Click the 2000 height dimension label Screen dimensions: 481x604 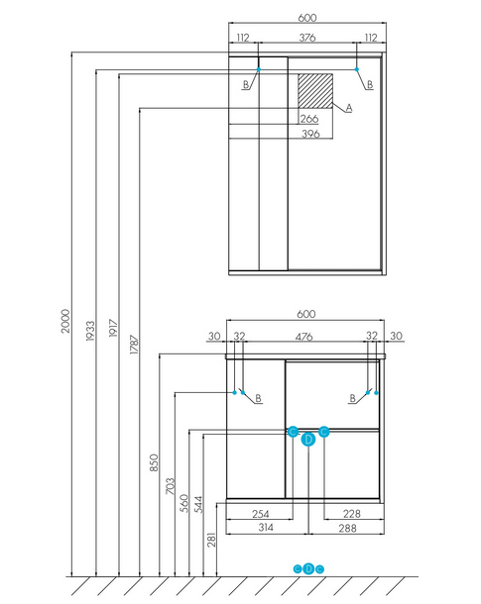pyautogui.click(x=65, y=321)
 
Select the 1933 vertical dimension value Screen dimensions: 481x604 pyautogui.click(x=90, y=331)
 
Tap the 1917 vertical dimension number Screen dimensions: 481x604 pyautogui.click(x=113, y=328)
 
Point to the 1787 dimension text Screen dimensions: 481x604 pyautogui.click(x=134, y=345)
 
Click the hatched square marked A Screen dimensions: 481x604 pyautogui.click(x=315, y=91)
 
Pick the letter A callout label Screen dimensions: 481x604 pyautogui.click(x=349, y=108)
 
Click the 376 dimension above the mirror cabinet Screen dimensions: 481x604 pyautogui.click(x=307, y=38)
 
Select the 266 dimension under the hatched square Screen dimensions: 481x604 pyautogui.click(x=309, y=119)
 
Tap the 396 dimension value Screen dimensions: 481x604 pyautogui.click(x=310, y=134)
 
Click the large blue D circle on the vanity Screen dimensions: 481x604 pyautogui.click(x=308, y=439)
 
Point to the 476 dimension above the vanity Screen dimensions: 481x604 pyautogui.click(x=303, y=337)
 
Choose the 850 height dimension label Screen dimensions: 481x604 pyautogui.click(x=154, y=462)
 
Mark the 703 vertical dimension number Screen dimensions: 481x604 pyautogui.click(x=170, y=486)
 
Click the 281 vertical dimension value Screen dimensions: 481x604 pyautogui.click(x=211, y=540)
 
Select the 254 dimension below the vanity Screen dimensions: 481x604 pyautogui.click(x=261, y=514)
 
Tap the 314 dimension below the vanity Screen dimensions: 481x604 pyautogui.click(x=266, y=528)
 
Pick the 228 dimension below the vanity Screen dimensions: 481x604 pyautogui.click(x=352, y=514)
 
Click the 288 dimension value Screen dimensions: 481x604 pyautogui.click(x=347, y=528)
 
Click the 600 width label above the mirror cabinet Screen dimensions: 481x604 pyautogui.click(x=307, y=18)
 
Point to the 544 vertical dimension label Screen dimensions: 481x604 pyautogui.click(x=198, y=504)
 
